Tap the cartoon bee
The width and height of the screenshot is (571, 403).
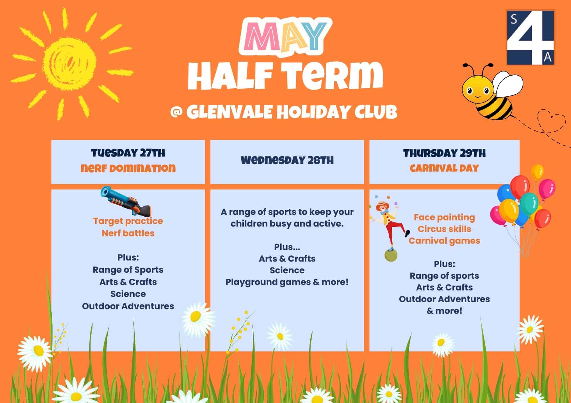[x=490, y=91]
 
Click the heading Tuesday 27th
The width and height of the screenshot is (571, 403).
[x=128, y=153]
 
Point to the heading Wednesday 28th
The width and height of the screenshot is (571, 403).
[x=287, y=160]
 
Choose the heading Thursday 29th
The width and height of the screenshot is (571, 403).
[x=445, y=153]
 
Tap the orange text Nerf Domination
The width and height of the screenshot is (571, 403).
[x=128, y=168]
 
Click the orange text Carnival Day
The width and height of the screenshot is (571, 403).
[x=445, y=168]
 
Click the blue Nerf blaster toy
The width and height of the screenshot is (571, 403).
[x=126, y=201]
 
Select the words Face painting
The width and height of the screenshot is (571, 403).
[x=445, y=217]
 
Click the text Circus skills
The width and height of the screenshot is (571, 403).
[x=445, y=229]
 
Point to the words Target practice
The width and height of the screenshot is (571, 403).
[x=128, y=221]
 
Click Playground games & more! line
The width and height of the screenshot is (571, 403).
[x=287, y=282]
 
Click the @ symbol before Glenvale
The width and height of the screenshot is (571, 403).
[x=176, y=112]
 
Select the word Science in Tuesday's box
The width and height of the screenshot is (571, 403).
[x=128, y=294]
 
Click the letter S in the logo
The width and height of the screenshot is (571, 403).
[x=514, y=19]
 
